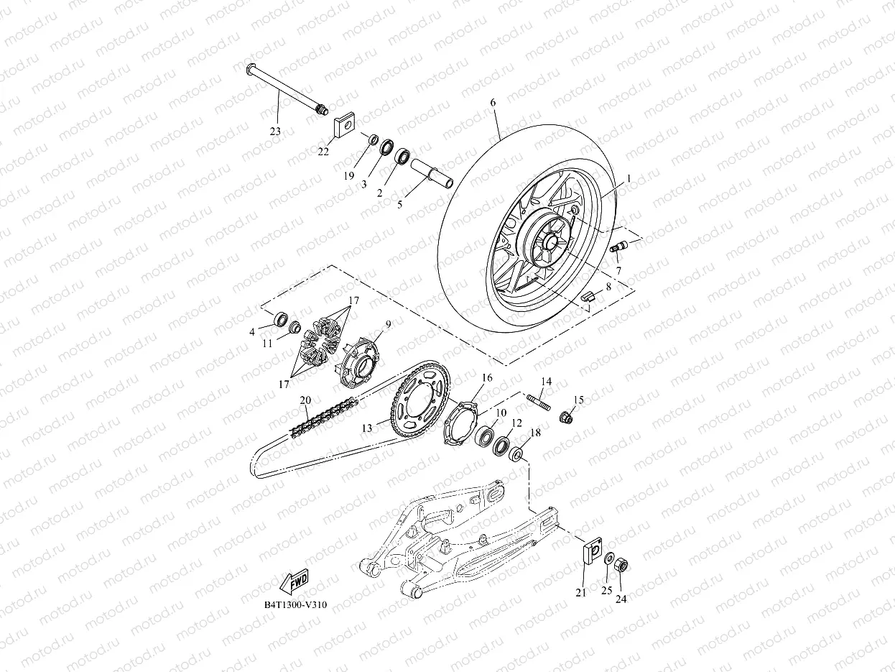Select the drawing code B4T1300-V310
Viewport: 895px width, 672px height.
pyautogui.click(x=295, y=605)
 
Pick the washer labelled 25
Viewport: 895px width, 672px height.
pyautogui.click(x=608, y=558)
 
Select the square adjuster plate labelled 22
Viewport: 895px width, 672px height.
pyautogui.click(x=346, y=126)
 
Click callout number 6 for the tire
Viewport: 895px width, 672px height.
pyautogui.click(x=493, y=103)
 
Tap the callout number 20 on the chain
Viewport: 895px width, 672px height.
pyautogui.click(x=305, y=400)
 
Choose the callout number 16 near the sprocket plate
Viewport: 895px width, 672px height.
pyautogui.click(x=486, y=377)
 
